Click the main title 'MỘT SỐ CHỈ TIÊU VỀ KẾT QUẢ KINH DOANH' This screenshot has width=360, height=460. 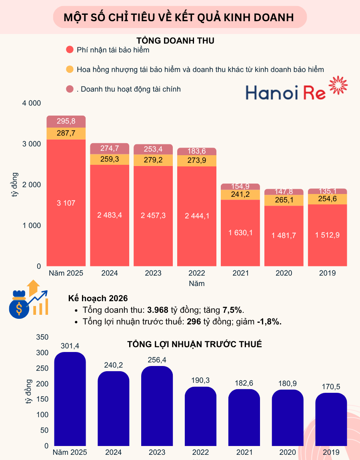179,18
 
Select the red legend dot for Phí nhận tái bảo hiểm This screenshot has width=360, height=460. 70,50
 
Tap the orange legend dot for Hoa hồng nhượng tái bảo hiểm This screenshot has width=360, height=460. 70,69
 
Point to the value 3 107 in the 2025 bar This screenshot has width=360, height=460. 66,203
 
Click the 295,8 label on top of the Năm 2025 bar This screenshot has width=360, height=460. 66,121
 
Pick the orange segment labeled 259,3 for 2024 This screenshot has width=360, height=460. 110,159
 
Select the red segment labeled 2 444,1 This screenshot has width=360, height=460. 197,216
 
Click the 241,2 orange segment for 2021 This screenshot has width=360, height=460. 240,194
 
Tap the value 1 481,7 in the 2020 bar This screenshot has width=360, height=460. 284,236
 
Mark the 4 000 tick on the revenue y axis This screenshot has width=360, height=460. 32,103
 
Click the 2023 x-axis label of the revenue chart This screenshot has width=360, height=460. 154,273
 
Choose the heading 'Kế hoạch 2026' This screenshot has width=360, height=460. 98,298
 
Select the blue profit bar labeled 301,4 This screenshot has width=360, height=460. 70,400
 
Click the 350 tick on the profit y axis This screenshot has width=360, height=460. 42,337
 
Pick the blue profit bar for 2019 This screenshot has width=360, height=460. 331,420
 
